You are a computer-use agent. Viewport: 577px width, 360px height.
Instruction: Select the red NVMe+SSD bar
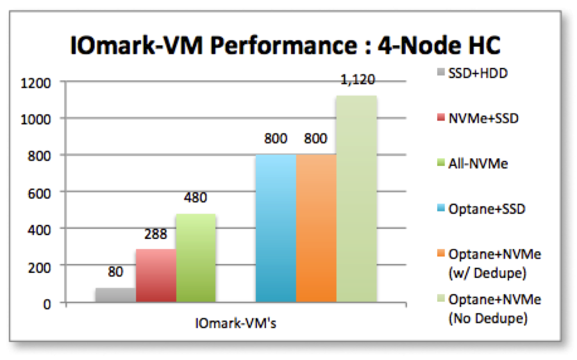[x=155, y=275]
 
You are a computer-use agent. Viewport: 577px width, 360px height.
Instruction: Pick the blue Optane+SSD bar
[x=276, y=228]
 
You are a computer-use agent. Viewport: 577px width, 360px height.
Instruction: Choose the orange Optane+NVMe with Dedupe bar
[x=316, y=228]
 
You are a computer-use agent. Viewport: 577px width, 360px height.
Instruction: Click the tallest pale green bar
[x=356, y=199]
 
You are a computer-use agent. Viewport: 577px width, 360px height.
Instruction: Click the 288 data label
[x=155, y=234]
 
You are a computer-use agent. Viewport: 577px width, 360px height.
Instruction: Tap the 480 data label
[x=196, y=198]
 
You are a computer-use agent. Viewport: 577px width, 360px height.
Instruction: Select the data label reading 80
[x=115, y=272]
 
